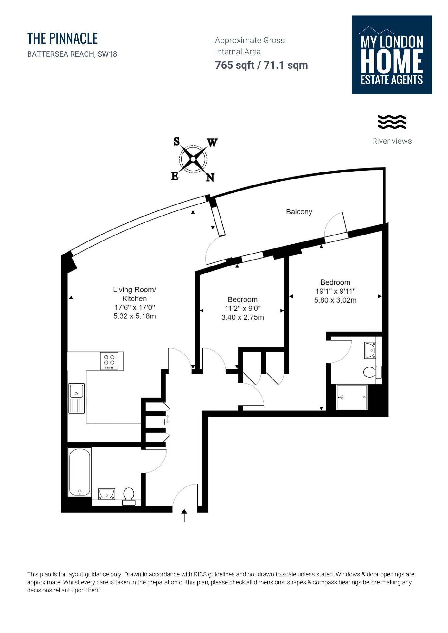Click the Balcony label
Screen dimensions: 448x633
click(x=299, y=212)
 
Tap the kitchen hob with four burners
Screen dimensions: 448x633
click(x=109, y=360)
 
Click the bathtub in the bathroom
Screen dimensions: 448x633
click(x=80, y=472)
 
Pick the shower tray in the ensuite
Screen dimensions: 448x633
click(x=352, y=397)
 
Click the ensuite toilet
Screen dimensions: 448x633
click(x=372, y=372)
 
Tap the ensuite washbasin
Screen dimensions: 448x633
click(x=370, y=350)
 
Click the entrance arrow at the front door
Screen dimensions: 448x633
click(x=184, y=515)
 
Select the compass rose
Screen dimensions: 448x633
click(x=193, y=160)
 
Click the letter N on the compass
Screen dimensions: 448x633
click(x=210, y=178)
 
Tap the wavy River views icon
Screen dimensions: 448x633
click(x=392, y=122)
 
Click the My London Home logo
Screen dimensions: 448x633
click(x=392, y=54)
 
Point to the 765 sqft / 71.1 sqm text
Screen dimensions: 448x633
click(x=261, y=65)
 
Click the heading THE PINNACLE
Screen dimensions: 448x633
click(x=62, y=38)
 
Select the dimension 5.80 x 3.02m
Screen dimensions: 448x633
click(x=335, y=300)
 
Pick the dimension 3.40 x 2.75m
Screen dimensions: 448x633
click(x=242, y=317)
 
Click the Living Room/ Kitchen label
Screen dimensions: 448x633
click(x=135, y=294)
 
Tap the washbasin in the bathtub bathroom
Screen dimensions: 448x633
click(x=106, y=493)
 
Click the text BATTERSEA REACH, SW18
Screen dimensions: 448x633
click(x=72, y=54)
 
